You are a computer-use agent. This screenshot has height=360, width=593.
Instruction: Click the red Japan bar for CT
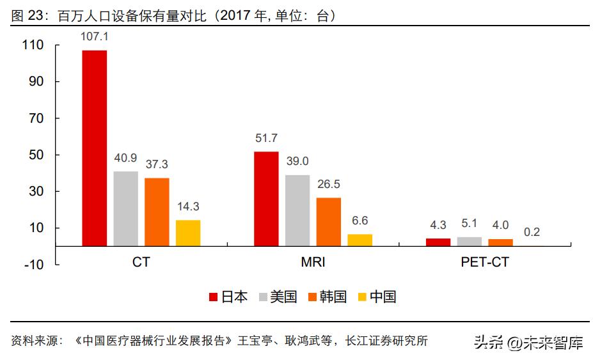pyautogui.click(x=94, y=148)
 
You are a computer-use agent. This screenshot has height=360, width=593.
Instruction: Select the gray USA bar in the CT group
pyautogui.click(x=125, y=208)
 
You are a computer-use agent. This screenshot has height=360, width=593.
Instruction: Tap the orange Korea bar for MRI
pyautogui.click(x=329, y=221)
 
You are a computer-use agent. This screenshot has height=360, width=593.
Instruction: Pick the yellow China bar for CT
pyautogui.click(x=188, y=233)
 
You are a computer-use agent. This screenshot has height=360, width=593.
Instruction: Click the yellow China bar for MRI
pyautogui.click(x=360, y=240)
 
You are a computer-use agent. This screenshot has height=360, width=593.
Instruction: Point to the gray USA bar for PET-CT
pyautogui.click(x=469, y=242)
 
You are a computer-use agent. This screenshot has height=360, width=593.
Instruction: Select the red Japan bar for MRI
pyautogui.click(x=266, y=198)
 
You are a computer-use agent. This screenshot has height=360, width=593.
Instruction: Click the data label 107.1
pyautogui.click(x=94, y=37)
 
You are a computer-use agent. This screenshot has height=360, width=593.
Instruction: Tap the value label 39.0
pyautogui.click(x=297, y=161)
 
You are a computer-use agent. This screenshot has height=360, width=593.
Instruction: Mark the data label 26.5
pyautogui.click(x=329, y=184)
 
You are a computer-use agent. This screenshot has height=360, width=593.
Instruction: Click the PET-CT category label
pyautogui.click(x=484, y=263)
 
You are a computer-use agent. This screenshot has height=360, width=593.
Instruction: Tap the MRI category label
pyautogui.click(x=313, y=263)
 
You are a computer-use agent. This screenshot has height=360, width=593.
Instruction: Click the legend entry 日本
pyautogui.click(x=234, y=297)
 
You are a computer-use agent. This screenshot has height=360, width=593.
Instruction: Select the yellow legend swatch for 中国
pyautogui.click(x=362, y=297)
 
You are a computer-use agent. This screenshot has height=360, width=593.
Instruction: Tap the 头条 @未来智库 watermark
pyautogui.click(x=528, y=343)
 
